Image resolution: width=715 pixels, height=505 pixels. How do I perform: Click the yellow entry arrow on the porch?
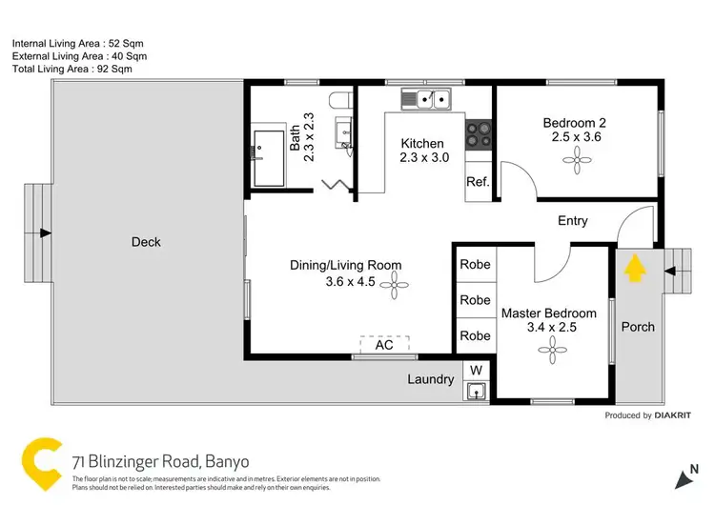tap(633, 273)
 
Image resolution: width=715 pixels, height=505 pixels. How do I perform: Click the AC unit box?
tap(384, 345)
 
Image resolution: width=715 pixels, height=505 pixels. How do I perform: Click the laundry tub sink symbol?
tap(476, 390)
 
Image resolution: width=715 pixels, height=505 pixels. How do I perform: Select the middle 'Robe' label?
tap(475, 300)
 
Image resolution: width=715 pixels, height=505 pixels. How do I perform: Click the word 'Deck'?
tap(146, 242)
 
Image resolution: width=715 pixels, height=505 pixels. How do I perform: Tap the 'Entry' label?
tap(572, 221)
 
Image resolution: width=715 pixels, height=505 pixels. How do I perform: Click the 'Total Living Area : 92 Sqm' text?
tap(72, 69)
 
